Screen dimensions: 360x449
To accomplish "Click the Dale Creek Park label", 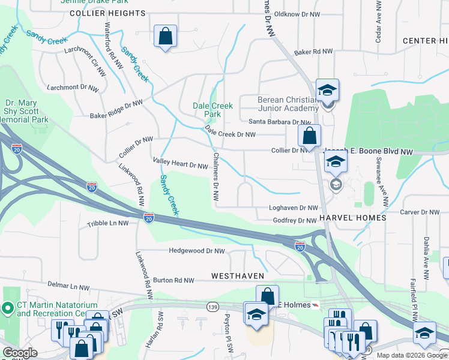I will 212,110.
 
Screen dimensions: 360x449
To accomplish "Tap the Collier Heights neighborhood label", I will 107,13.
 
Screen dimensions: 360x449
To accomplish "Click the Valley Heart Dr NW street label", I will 180,164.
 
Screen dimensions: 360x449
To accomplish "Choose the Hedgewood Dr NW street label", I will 197,251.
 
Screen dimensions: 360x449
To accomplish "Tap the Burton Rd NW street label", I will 173,280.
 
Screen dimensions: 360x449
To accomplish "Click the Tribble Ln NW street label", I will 108,223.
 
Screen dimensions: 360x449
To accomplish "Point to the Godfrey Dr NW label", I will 295,221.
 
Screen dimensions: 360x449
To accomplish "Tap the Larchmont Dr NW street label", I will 73,88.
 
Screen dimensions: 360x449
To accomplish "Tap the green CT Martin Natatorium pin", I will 8,308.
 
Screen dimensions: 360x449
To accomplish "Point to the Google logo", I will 20,353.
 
